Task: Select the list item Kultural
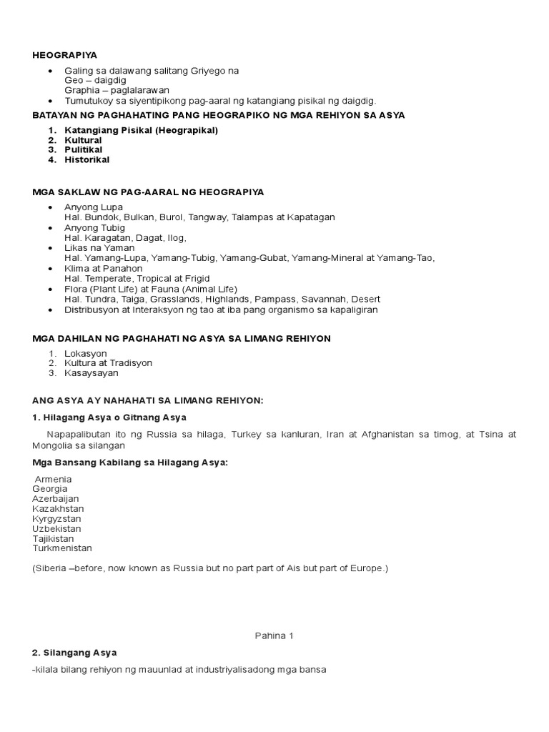pyautogui.click(x=84, y=140)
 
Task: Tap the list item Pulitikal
pyautogui.click(x=84, y=150)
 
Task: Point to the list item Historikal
pyautogui.click(x=87, y=160)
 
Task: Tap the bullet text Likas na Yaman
pyautogui.click(x=99, y=248)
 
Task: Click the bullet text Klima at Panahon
pyautogui.click(x=103, y=269)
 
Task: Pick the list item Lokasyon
pyautogui.click(x=86, y=353)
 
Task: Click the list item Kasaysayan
pyautogui.click(x=91, y=373)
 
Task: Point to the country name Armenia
pyautogui.click(x=53, y=478)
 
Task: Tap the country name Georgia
pyautogui.click(x=49, y=488)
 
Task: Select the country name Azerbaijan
pyautogui.click(x=55, y=498)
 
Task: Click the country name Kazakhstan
pyautogui.click(x=57, y=508)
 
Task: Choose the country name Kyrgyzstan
pyautogui.click(x=56, y=518)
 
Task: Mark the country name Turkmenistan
pyautogui.click(x=62, y=548)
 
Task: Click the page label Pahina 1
pyautogui.click(x=274, y=635)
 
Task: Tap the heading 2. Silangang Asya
pyautogui.click(x=74, y=653)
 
